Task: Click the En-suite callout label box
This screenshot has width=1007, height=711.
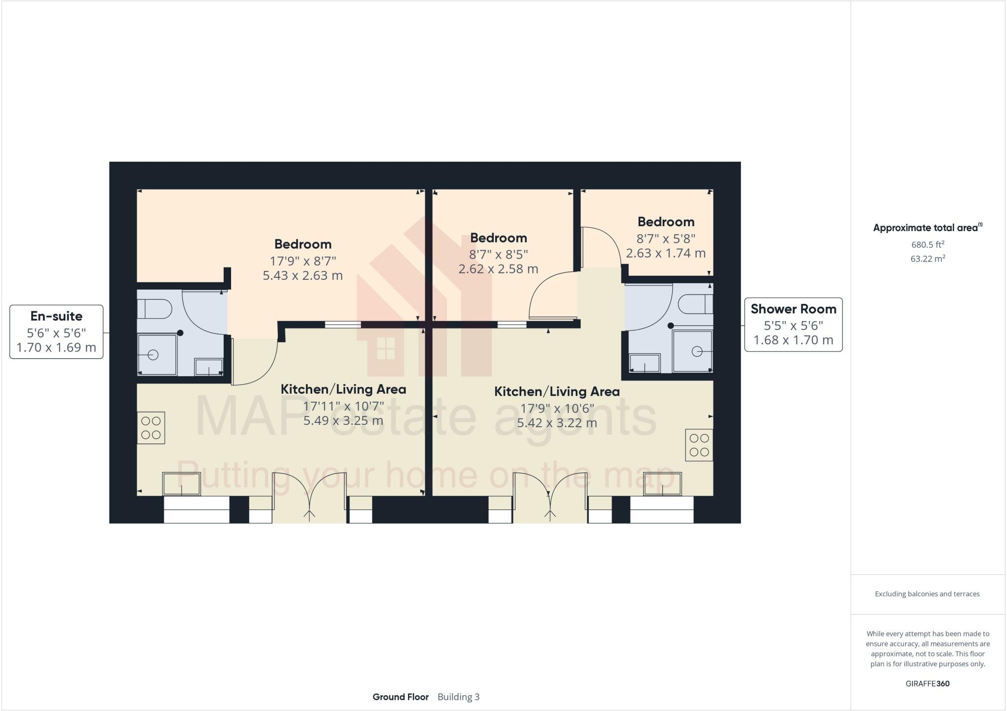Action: (x=57, y=332)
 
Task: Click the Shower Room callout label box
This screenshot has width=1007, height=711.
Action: (x=793, y=325)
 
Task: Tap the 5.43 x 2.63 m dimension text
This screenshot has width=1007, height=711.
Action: (x=302, y=275)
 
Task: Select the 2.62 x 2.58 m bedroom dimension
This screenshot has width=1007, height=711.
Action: (x=498, y=269)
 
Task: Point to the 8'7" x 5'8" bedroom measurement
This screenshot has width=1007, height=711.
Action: (x=666, y=238)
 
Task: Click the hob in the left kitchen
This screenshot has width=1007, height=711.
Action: (x=151, y=428)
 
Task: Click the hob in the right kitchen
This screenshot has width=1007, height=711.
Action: (x=699, y=445)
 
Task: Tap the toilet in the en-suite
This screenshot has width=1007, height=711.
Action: (x=154, y=310)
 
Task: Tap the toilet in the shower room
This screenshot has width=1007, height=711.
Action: (x=696, y=304)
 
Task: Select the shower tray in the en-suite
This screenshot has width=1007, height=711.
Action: (x=157, y=354)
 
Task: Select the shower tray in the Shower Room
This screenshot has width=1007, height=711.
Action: (x=692, y=351)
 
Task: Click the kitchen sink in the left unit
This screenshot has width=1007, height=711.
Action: (x=181, y=483)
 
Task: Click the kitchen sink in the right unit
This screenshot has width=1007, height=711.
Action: (x=663, y=483)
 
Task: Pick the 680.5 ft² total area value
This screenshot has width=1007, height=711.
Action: (x=927, y=244)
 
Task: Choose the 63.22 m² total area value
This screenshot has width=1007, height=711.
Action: (x=927, y=259)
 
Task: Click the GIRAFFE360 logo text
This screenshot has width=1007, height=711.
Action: (x=927, y=683)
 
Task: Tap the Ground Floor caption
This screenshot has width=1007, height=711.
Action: (x=400, y=697)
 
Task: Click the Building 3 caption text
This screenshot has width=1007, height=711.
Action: (x=458, y=697)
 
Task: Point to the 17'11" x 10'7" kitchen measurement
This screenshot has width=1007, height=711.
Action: (x=343, y=406)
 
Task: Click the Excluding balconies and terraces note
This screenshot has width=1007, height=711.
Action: (x=927, y=594)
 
